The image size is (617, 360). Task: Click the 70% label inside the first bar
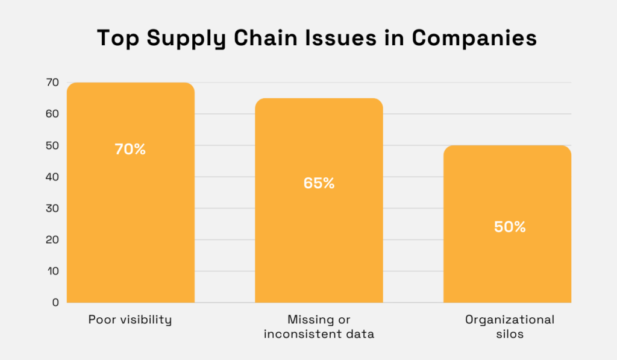point(130,149)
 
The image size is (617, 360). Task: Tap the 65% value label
point(319,183)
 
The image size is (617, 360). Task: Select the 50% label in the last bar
point(510,227)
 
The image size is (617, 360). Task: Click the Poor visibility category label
point(130,320)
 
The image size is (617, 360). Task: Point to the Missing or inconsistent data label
point(319,327)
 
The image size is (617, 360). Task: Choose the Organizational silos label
point(510,327)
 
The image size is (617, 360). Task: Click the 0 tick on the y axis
point(55,303)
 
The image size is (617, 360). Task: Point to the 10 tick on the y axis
point(53,271)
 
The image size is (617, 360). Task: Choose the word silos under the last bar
point(510,334)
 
